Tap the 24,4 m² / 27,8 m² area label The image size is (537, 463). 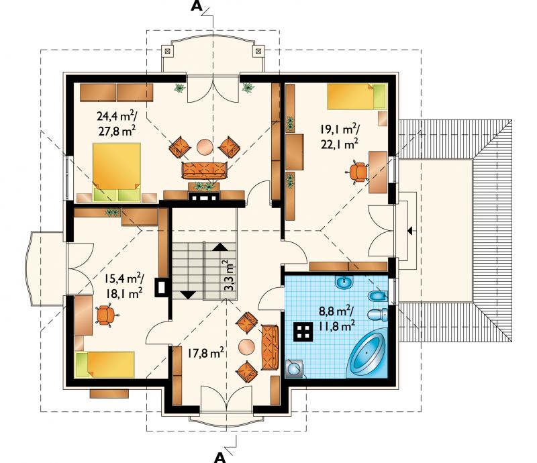tap(117, 123)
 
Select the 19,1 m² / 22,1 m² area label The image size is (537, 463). tap(340, 136)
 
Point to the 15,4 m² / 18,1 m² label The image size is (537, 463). tap(124, 286)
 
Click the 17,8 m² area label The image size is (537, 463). tap(205, 353)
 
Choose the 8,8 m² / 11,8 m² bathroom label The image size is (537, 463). tap(336, 319)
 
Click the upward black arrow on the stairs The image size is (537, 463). tap(219, 247)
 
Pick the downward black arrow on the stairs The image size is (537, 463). tap(188, 295)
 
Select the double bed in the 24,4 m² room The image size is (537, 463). tap(117, 172)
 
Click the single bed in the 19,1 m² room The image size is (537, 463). tap(357, 96)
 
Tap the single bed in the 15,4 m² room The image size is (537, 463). tap(105, 365)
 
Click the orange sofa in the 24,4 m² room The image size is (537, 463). tap(205, 170)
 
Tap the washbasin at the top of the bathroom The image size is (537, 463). tap(344, 283)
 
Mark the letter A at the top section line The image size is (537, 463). tap(196, 6)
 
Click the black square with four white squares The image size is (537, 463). tap(303, 331)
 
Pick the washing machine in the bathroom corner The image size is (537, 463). tap(294, 369)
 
